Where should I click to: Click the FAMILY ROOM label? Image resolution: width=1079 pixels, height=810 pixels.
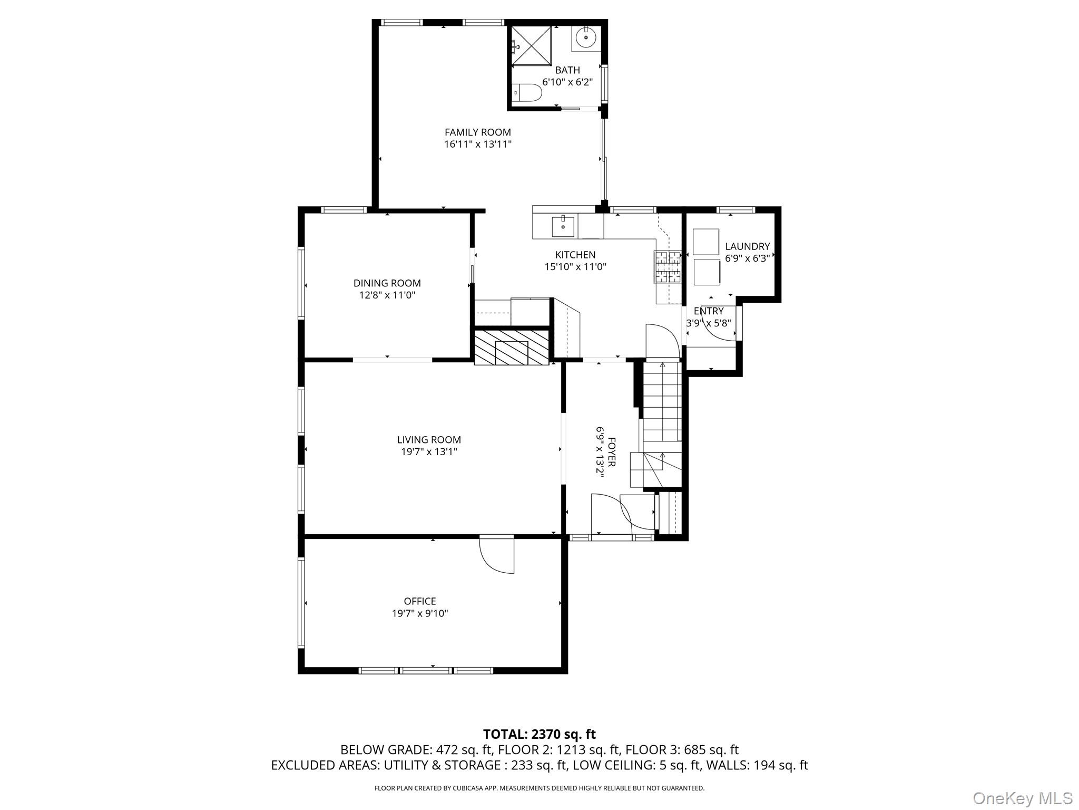(x=477, y=132)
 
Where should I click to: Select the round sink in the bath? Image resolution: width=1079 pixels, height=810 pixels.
(x=586, y=38)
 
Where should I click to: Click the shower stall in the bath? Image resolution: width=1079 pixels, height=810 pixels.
(x=531, y=45)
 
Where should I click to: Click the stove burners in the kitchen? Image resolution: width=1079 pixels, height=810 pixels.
(x=668, y=266)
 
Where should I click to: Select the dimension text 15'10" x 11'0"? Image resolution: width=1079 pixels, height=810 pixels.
(x=575, y=267)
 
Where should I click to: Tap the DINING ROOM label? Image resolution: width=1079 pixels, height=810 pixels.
(x=387, y=283)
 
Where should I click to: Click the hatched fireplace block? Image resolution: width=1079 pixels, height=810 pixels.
(x=511, y=346)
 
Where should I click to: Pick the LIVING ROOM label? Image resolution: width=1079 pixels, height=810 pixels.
(x=429, y=439)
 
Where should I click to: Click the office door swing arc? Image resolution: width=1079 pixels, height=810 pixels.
(x=495, y=556)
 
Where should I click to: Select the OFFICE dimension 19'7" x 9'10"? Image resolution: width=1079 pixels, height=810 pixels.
(x=420, y=613)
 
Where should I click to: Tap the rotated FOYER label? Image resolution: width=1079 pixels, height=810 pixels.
(x=611, y=451)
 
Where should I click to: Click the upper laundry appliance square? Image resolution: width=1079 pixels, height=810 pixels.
(x=706, y=242)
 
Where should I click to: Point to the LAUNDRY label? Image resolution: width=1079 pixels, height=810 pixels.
(x=747, y=246)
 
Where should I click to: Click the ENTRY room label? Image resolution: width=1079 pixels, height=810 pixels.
(x=709, y=311)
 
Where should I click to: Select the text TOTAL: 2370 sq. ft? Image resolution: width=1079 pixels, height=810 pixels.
(x=539, y=734)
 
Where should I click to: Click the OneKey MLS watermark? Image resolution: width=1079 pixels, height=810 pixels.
(x=1022, y=798)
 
